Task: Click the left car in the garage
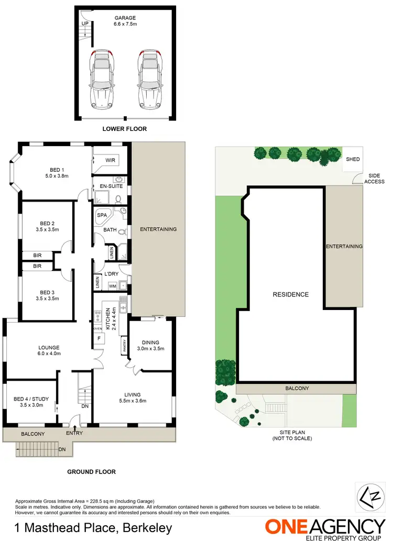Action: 102,78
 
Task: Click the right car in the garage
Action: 148,78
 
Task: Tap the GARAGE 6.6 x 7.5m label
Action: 125,20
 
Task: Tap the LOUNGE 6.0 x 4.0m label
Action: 49,350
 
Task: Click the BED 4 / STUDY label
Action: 30,402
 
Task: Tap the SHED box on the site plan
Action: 352,159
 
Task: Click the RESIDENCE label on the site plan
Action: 290,294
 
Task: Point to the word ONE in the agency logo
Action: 289,526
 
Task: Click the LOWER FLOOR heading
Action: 125,128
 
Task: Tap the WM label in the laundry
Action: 112,286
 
